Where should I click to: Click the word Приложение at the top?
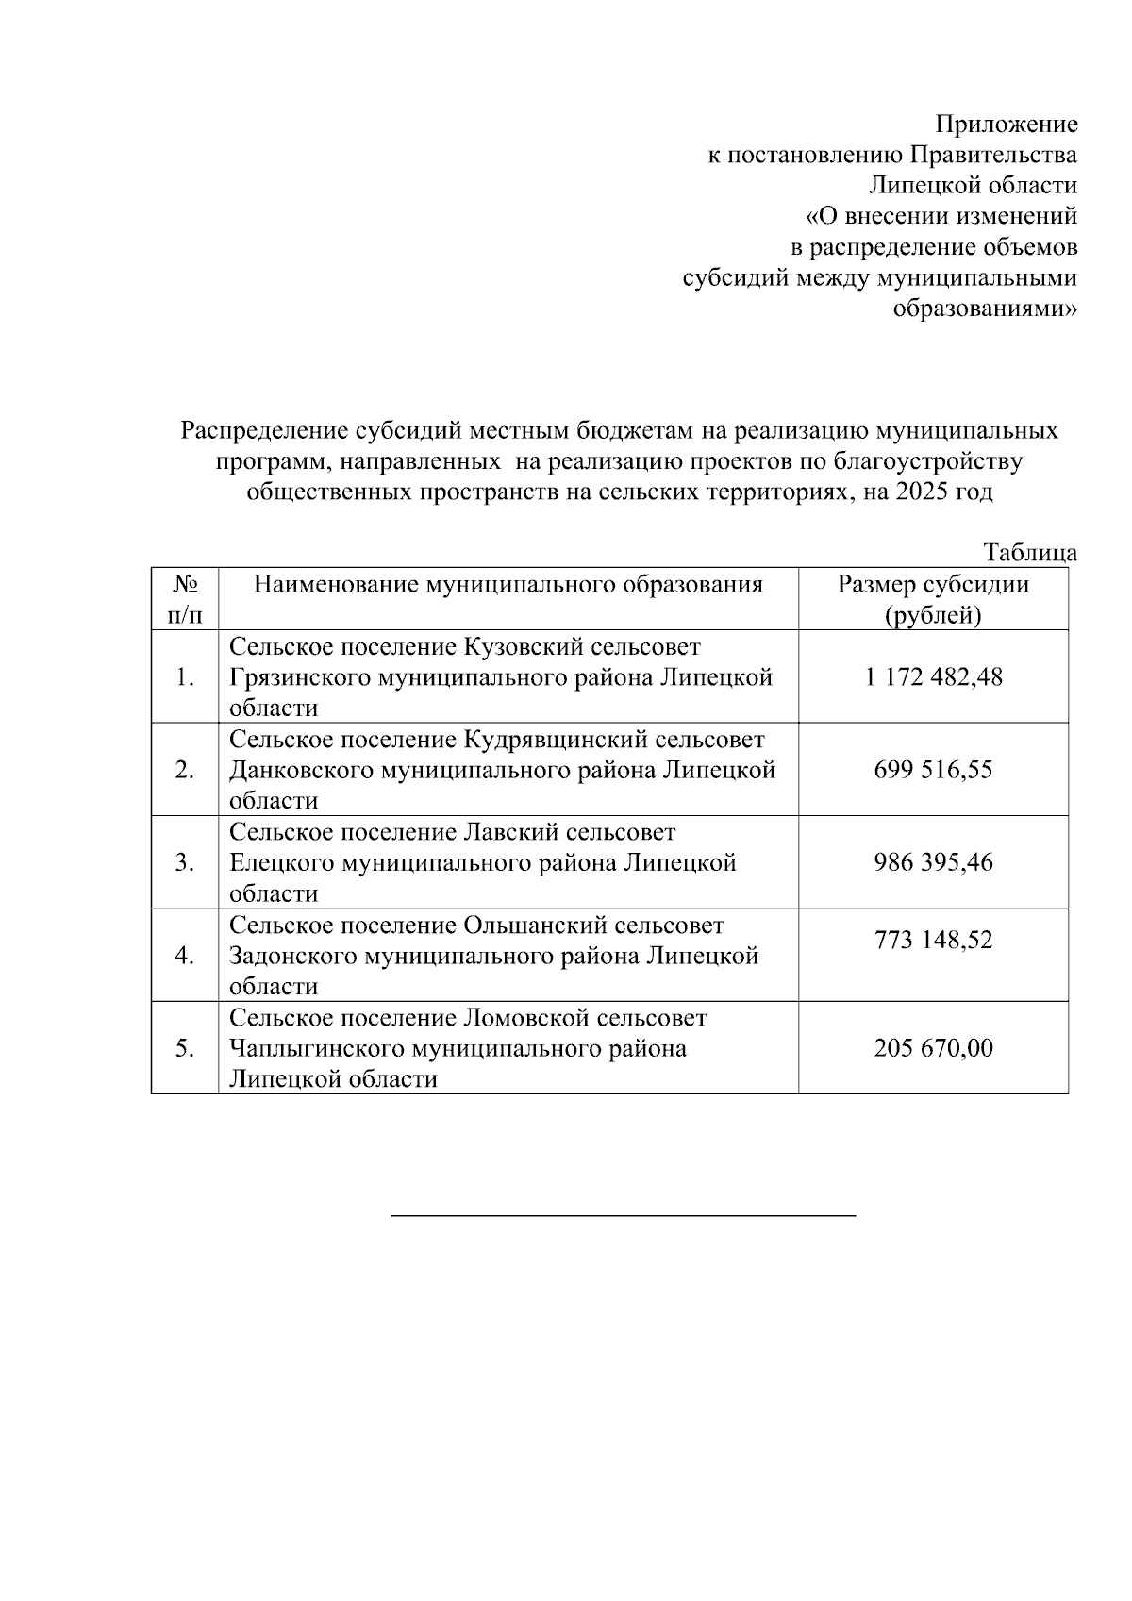1006,125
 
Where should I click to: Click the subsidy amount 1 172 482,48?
933,676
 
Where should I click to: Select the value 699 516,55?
933,770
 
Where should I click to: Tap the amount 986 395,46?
933,862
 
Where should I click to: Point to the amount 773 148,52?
933,941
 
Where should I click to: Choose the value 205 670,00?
933,1048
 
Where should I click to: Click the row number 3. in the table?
185,862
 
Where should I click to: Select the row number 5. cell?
185,1048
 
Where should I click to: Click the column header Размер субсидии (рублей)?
933,600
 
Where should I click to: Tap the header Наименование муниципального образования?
508,585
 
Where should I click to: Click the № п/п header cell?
185,600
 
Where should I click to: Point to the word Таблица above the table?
1030,553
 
